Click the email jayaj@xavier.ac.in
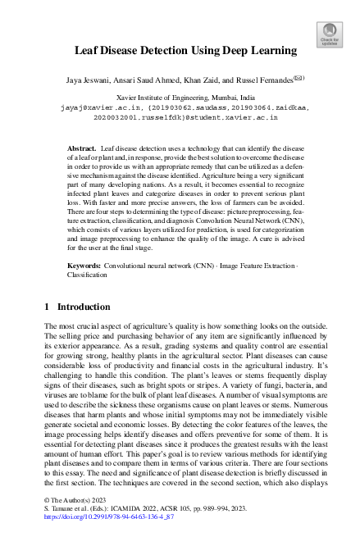coord(93,107)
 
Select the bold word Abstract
coord(82,148)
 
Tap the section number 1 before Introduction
coord(47,307)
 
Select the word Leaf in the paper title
coord(88,51)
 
